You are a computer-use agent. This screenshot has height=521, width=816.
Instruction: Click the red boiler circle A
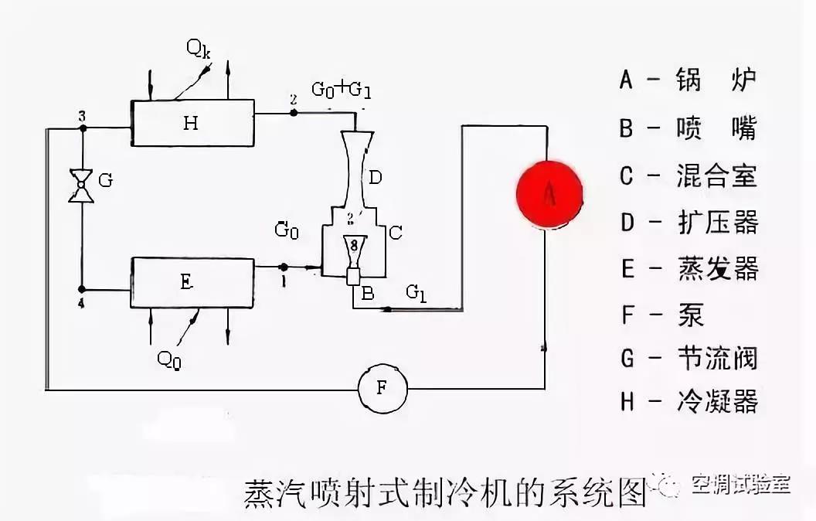click(549, 195)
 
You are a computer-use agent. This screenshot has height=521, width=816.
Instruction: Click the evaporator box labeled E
click(193, 283)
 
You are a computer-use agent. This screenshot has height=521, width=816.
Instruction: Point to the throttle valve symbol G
click(80, 186)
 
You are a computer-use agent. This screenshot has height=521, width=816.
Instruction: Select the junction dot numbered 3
click(80, 125)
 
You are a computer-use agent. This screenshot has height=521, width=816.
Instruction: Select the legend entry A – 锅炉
click(688, 79)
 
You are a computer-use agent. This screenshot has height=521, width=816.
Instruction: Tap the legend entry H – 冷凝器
click(688, 401)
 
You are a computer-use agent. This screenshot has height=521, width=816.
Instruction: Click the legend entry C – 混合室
click(688, 175)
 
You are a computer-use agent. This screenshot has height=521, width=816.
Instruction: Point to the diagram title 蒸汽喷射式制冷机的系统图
click(444, 492)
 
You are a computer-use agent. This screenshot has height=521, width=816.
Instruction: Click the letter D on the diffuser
click(375, 179)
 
